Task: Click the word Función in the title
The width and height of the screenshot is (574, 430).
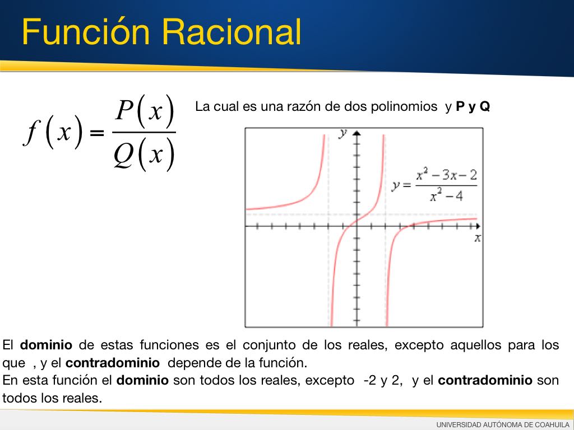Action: [x=86, y=31]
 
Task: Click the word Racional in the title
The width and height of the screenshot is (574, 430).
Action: [x=232, y=32]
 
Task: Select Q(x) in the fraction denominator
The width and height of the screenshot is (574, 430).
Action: [x=144, y=155]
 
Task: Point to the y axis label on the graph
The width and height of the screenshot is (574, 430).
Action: [x=342, y=133]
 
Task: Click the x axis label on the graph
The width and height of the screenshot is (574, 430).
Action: [x=478, y=239]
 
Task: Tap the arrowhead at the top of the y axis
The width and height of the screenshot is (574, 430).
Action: [x=357, y=133]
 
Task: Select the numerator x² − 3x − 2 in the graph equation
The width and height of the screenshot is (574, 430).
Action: [x=447, y=175]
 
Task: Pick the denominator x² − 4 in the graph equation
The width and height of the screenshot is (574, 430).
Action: [x=446, y=195]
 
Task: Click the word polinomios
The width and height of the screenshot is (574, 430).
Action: [x=404, y=106]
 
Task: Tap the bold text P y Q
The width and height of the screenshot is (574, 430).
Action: [x=473, y=106]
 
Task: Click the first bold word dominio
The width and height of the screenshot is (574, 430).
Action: [x=46, y=345]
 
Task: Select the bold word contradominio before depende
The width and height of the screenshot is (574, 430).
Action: [x=112, y=363]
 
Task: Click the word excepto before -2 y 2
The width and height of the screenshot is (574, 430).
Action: [x=330, y=380]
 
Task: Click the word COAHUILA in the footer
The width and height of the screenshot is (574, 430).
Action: [x=552, y=424]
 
